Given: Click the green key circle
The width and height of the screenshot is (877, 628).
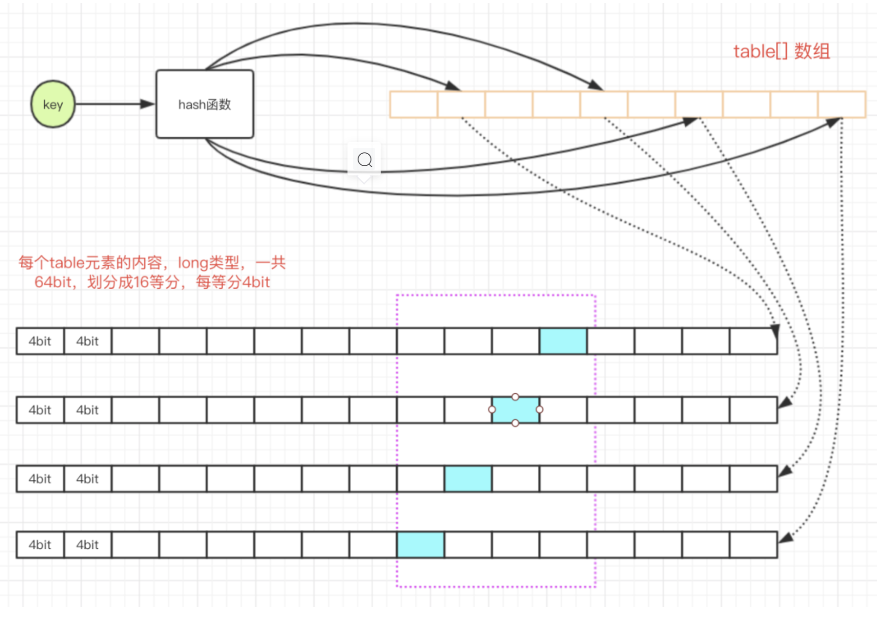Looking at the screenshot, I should (x=53, y=105).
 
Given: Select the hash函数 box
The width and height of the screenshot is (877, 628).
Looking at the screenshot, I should (x=205, y=105).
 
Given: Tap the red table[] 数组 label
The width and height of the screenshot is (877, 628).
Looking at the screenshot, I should (x=782, y=51).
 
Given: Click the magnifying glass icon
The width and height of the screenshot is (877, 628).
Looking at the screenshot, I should (x=365, y=160).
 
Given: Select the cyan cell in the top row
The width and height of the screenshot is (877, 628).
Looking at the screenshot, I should (x=563, y=341).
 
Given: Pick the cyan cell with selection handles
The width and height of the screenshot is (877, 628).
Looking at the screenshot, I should (x=515, y=410).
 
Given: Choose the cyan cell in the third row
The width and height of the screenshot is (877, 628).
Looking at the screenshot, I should (x=468, y=479).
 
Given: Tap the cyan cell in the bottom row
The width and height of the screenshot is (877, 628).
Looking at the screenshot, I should (x=420, y=545).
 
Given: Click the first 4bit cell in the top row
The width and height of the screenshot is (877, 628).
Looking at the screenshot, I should (x=40, y=341).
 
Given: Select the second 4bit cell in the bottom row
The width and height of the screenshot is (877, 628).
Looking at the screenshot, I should (x=88, y=545).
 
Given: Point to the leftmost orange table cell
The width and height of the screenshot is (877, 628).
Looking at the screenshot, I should (x=413, y=105).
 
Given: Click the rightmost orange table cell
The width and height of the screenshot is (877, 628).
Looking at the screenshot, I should (x=842, y=105).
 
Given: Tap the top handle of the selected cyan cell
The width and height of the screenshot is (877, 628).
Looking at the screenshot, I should (x=515, y=397).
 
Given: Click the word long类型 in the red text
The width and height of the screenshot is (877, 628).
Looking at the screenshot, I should (x=208, y=262).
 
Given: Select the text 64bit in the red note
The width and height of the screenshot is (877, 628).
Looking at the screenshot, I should (x=53, y=282).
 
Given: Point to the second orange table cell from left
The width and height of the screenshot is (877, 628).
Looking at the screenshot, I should (x=461, y=105).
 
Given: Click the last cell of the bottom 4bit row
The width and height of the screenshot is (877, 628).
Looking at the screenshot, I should (x=753, y=545).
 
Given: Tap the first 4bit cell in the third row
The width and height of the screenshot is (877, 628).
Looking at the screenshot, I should (x=40, y=479).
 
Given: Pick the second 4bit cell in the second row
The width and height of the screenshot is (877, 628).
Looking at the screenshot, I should (x=88, y=410).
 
